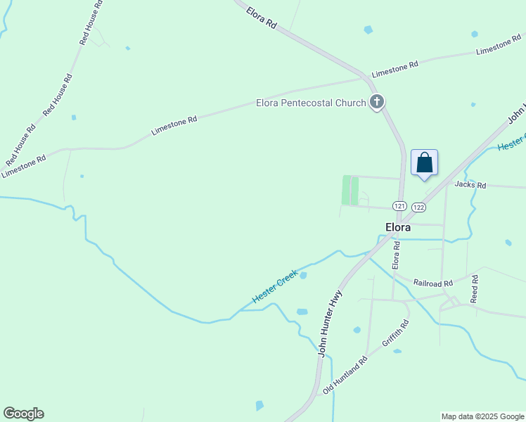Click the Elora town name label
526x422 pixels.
point(398,227)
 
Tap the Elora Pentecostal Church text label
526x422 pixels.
point(310,103)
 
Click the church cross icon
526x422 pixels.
point(377,103)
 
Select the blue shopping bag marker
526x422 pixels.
point(424,163)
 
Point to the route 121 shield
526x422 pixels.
point(399,206)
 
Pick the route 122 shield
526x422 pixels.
point(418,207)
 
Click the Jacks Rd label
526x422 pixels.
point(470,185)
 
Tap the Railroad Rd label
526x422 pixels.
point(432,283)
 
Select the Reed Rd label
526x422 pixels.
point(475,289)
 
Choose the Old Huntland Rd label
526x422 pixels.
point(345,375)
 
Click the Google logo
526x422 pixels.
point(23,414)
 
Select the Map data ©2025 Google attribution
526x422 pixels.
point(482,416)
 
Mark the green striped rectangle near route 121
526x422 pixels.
point(350,190)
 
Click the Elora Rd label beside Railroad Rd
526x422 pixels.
point(396,255)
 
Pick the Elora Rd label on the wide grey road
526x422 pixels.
point(262,19)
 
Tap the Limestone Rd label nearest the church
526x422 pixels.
point(394,69)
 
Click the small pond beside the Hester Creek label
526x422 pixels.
point(303,276)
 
